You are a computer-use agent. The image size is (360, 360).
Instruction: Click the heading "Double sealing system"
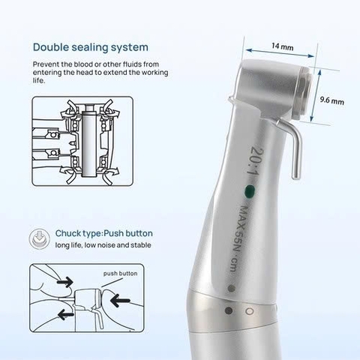[x=90, y=46]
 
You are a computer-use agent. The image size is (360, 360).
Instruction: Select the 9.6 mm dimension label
[x=332, y=100]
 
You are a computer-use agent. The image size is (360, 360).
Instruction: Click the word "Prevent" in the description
[x=46, y=64]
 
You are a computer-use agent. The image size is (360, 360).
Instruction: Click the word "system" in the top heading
[x=127, y=46]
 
